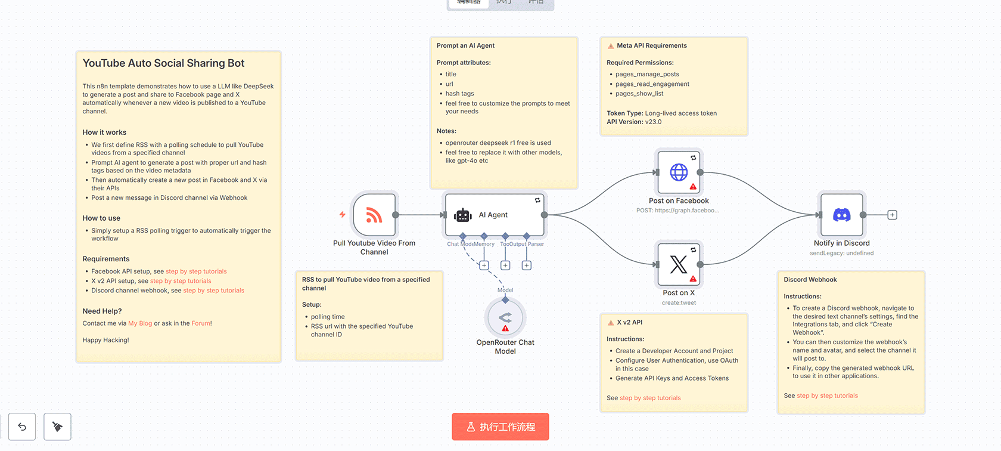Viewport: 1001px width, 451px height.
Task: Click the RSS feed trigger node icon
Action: pyautogui.click(x=374, y=215)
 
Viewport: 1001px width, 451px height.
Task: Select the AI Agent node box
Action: pyautogui.click(x=494, y=215)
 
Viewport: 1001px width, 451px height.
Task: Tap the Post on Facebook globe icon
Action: pyautogui.click(x=679, y=172)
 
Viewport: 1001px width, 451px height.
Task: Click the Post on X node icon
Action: pyautogui.click(x=679, y=264)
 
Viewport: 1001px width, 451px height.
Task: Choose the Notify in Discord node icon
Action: pyautogui.click(x=841, y=215)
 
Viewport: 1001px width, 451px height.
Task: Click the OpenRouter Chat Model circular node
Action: pyautogui.click(x=505, y=318)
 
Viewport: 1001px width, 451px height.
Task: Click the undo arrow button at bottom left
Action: pyautogui.click(x=22, y=427)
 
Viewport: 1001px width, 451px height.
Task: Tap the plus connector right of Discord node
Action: pyautogui.click(x=892, y=215)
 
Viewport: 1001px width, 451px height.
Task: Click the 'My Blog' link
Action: pyautogui.click(x=140, y=323)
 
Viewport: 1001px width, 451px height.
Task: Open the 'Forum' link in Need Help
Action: pyautogui.click(x=200, y=323)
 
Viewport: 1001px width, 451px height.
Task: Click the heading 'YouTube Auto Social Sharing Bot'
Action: pyautogui.click(x=163, y=63)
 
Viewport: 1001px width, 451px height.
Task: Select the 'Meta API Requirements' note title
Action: pyautogui.click(x=651, y=46)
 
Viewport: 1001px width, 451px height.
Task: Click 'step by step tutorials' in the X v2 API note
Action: pyautogui.click(x=650, y=398)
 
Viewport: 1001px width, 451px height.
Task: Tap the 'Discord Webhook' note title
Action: pyautogui.click(x=810, y=280)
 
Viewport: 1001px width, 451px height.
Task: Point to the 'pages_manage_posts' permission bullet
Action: pyautogui.click(x=647, y=75)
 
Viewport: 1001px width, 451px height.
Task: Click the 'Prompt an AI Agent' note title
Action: pyautogui.click(x=465, y=46)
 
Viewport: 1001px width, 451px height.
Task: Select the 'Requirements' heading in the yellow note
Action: pyautogui.click(x=106, y=259)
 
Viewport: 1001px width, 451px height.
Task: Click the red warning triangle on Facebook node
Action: pyautogui.click(x=693, y=187)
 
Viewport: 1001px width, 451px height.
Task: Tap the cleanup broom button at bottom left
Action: pyautogui.click(x=57, y=427)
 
